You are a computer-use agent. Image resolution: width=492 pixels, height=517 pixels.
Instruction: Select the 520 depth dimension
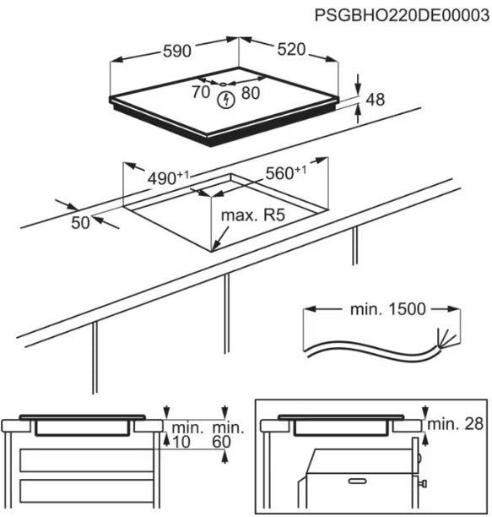289,50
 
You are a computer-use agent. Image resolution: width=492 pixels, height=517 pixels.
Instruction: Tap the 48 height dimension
376,101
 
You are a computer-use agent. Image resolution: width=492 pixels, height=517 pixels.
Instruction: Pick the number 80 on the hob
251,94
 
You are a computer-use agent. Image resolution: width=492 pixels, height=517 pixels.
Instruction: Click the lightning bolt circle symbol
224,101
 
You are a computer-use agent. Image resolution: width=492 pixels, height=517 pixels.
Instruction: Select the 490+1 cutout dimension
168,178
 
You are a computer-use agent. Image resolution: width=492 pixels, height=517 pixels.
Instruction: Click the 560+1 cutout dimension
285,174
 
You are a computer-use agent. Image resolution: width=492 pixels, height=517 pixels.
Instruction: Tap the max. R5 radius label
252,216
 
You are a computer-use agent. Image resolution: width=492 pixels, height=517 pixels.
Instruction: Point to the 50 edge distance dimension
80,223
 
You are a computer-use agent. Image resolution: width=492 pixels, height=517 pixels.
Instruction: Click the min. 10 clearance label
183,435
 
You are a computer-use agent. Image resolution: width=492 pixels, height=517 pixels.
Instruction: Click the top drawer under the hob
84,460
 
